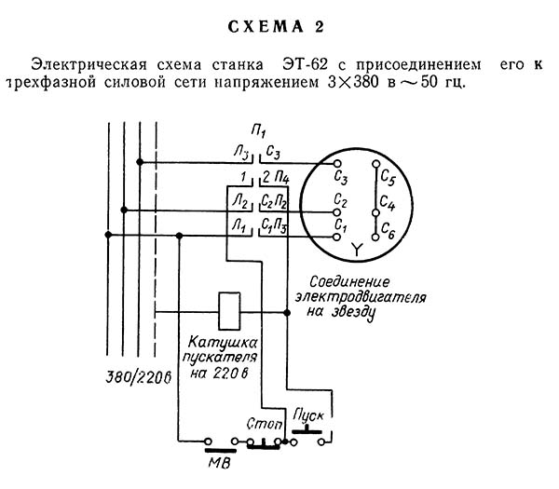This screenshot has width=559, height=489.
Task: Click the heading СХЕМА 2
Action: (276, 27)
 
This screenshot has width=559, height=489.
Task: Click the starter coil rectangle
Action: (229, 311)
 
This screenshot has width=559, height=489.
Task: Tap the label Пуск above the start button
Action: (308, 416)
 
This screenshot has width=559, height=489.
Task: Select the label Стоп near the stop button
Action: (265, 424)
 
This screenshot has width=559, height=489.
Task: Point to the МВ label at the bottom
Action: (220, 463)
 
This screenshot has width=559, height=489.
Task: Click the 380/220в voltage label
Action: (138, 377)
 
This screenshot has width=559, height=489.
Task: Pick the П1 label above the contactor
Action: (258, 130)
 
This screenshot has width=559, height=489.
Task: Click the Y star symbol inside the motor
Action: (356, 249)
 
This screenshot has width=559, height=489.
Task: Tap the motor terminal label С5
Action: (388, 177)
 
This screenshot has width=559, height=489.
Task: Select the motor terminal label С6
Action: (388, 230)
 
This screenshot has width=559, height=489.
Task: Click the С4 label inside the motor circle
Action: (388, 203)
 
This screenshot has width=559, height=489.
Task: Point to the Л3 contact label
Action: (241, 153)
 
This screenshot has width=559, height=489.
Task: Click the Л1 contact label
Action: (239, 226)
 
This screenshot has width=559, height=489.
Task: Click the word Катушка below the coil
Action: (223, 342)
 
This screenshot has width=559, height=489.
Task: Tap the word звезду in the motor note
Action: (352, 312)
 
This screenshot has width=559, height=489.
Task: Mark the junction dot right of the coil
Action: (287, 313)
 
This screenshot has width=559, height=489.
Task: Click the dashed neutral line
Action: (156, 238)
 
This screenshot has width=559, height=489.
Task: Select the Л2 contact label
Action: (240, 202)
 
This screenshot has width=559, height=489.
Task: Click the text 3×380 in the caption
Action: (353, 82)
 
